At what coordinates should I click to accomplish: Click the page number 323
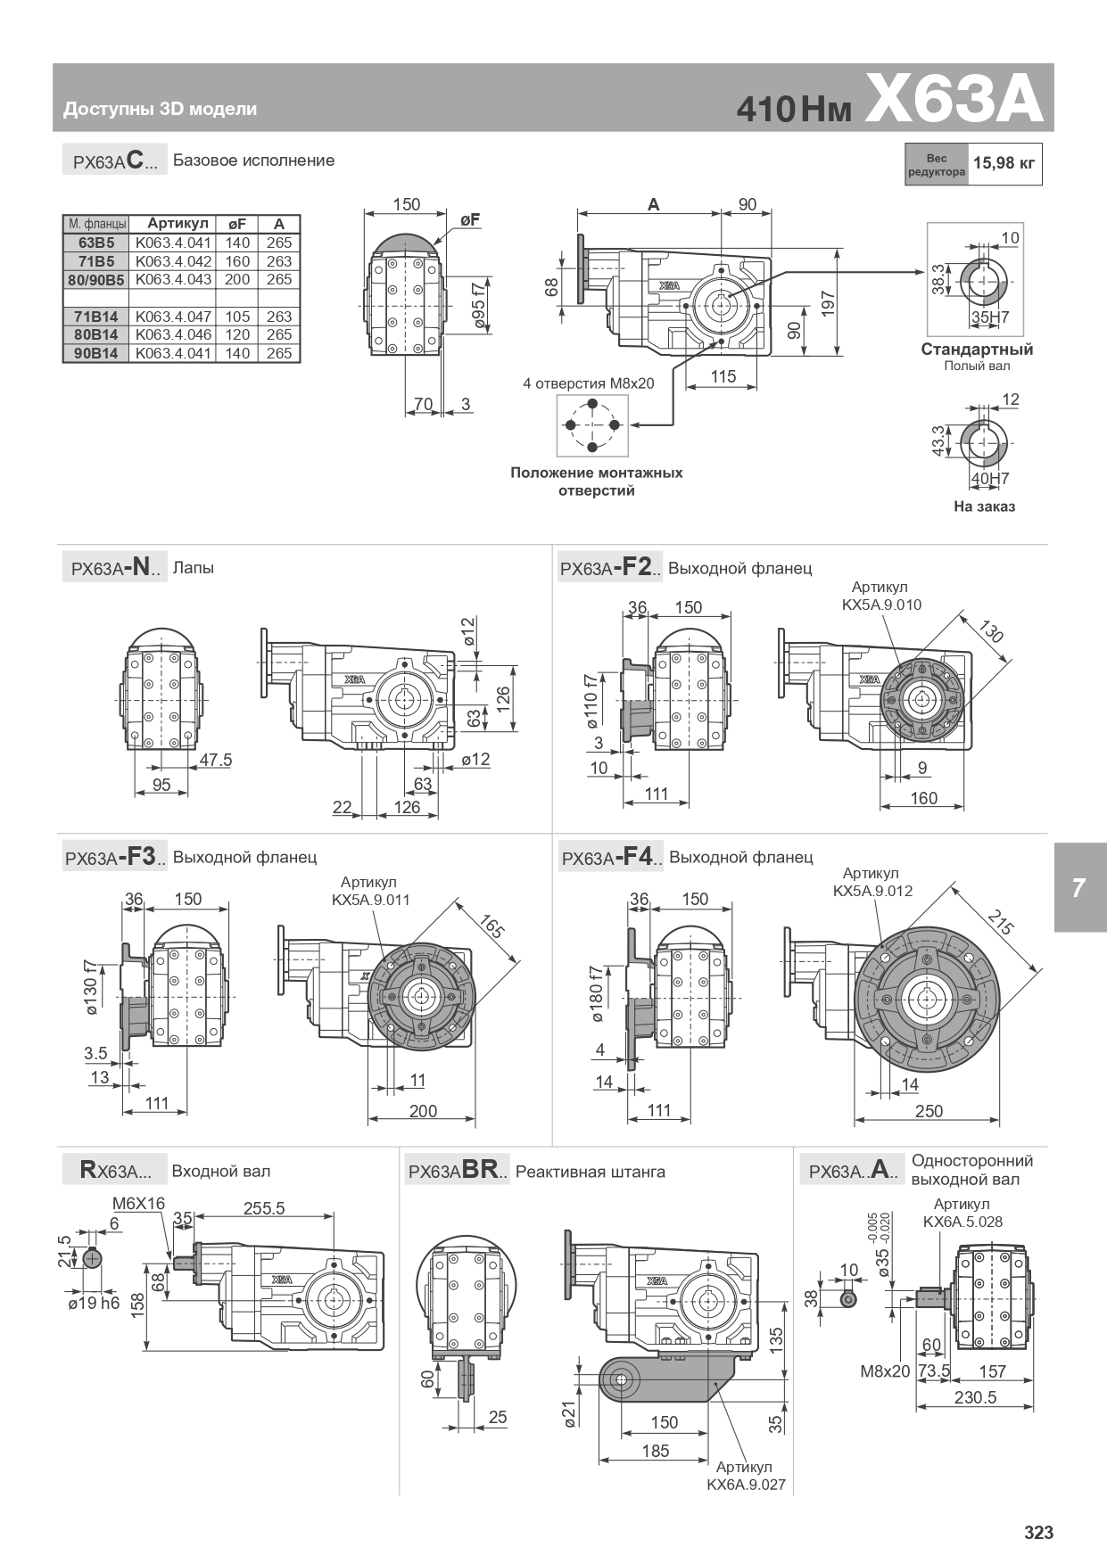click(1038, 1533)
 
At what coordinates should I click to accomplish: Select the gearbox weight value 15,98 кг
click(1004, 163)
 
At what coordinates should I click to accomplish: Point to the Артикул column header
click(178, 223)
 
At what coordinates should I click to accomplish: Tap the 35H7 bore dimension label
click(990, 316)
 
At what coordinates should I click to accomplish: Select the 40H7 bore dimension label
click(990, 479)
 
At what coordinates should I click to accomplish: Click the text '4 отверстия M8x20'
click(589, 383)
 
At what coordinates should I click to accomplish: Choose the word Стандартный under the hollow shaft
click(977, 350)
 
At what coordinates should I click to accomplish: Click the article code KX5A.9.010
click(881, 605)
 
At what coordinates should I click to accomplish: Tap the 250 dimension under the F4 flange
click(929, 1111)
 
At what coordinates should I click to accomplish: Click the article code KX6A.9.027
click(746, 1486)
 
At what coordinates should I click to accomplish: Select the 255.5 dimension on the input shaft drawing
click(264, 1208)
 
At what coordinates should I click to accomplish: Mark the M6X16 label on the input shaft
click(139, 1204)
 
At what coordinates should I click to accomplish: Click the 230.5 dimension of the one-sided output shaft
click(975, 1397)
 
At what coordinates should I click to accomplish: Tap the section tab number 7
click(1078, 888)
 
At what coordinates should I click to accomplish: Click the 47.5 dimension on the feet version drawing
click(215, 760)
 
